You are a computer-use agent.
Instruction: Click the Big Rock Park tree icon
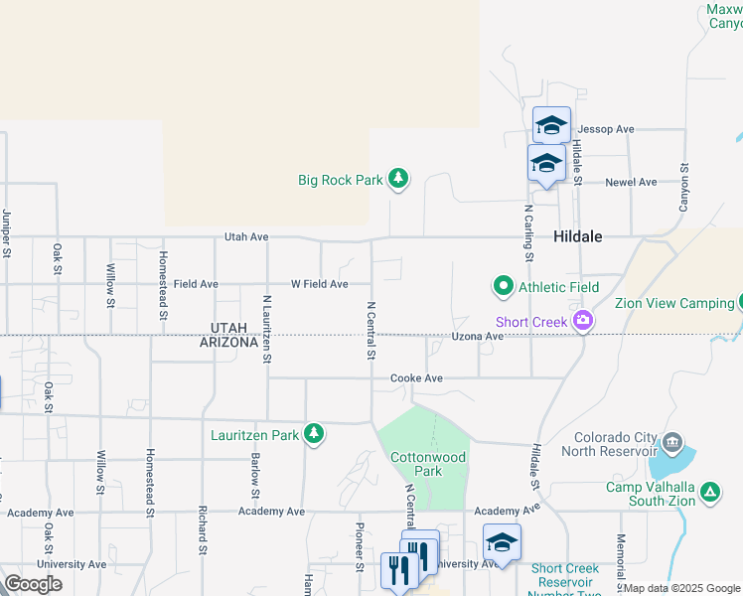pos(398,179)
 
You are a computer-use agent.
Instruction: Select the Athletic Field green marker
pos(503,287)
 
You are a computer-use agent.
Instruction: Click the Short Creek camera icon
pos(582,321)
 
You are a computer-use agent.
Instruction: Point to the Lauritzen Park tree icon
pos(314,434)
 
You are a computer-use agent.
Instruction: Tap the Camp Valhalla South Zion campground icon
pos(710,491)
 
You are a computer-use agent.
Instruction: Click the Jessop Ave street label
pos(606,129)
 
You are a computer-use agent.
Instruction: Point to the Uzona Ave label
pos(478,337)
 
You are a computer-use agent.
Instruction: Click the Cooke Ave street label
pos(416,378)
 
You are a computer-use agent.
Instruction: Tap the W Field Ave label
pos(319,284)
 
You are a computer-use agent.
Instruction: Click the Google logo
pos(33,584)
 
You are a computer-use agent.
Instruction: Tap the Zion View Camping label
pos(673,304)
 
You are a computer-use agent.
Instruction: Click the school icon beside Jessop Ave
pos(551,124)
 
